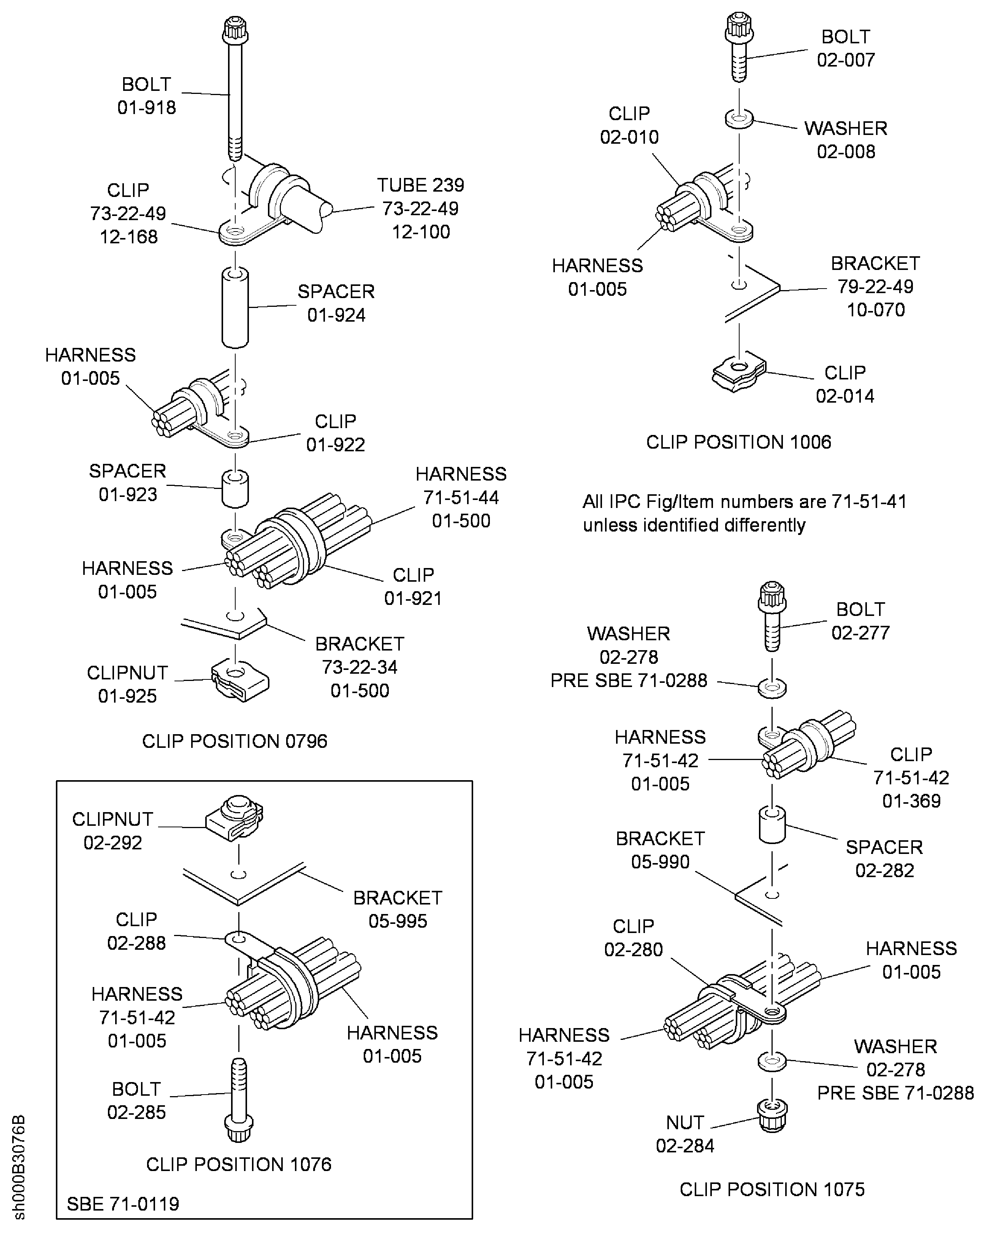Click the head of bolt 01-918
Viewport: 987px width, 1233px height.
click(x=235, y=29)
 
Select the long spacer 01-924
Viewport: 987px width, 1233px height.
click(x=235, y=307)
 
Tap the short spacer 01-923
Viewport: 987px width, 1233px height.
click(x=235, y=489)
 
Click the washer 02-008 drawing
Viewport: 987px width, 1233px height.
click(x=740, y=120)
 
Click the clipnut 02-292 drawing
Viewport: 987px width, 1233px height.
click(x=235, y=818)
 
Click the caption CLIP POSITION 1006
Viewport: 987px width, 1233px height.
click(x=738, y=442)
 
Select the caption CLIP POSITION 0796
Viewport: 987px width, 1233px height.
click(x=234, y=741)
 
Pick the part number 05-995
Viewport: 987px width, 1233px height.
click(x=398, y=921)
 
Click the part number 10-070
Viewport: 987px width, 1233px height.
click(x=876, y=310)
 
